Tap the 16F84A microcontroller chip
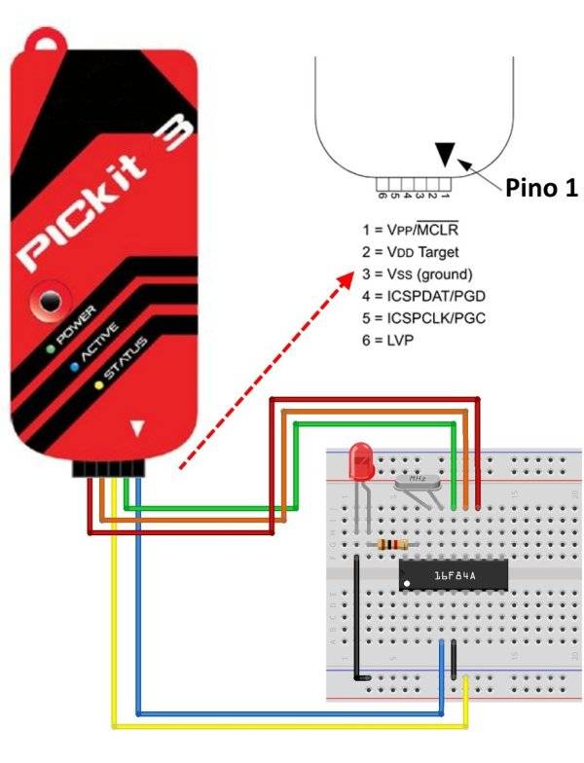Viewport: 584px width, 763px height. coord(454,576)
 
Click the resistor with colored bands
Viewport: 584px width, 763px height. coord(390,545)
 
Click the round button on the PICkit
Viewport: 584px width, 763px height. coord(47,304)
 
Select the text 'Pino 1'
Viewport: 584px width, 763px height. coord(541,189)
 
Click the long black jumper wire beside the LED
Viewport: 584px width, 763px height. coord(359,613)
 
